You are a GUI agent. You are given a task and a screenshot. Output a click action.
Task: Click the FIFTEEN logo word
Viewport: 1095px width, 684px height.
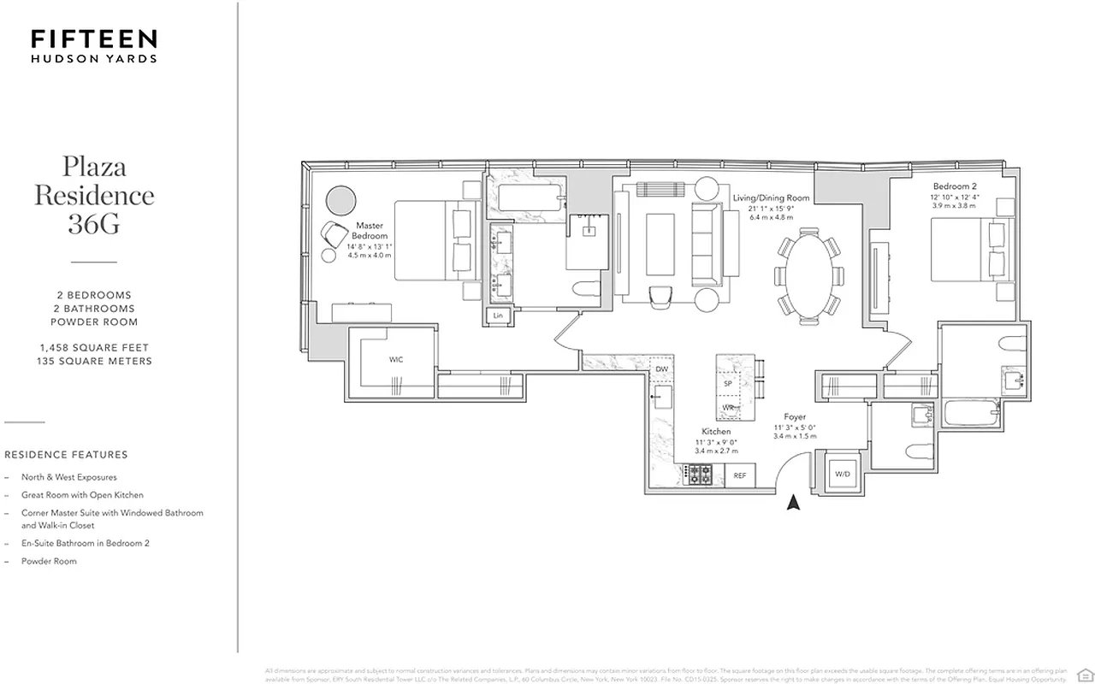(x=94, y=38)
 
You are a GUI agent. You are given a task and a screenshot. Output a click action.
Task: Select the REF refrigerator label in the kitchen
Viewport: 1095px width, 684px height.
(x=740, y=475)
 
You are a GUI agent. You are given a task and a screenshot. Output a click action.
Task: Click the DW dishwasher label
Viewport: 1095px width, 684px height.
(x=661, y=369)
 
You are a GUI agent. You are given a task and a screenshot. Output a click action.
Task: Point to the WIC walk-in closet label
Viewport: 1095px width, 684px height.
(x=396, y=360)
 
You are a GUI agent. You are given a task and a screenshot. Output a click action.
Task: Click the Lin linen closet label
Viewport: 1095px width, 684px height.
(x=498, y=316)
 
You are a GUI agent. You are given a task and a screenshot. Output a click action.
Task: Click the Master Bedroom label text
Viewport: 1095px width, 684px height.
(x=370, y=231)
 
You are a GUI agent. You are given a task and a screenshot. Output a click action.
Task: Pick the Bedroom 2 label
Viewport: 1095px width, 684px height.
(x=956, y=186)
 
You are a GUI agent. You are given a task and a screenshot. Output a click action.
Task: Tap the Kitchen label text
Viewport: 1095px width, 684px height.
(x=716, y=432)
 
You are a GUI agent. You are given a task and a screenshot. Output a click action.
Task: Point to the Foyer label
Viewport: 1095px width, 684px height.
(x=795, y=417)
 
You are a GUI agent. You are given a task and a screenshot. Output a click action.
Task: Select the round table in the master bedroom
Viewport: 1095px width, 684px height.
(x=343, y=201)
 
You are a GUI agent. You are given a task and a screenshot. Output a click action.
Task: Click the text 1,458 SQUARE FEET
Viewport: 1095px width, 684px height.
(x=94, y=348)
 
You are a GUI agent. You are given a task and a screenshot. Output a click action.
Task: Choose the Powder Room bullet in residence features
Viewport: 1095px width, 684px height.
(x=54, y=562)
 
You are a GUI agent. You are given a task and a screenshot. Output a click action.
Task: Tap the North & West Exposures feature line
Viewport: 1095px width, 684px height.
(x=69, y=477)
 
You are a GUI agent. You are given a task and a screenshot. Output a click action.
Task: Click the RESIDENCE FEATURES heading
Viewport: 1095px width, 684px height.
(x=66, y=455)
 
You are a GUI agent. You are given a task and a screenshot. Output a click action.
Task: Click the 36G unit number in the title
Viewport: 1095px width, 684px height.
(x=94, y=224)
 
